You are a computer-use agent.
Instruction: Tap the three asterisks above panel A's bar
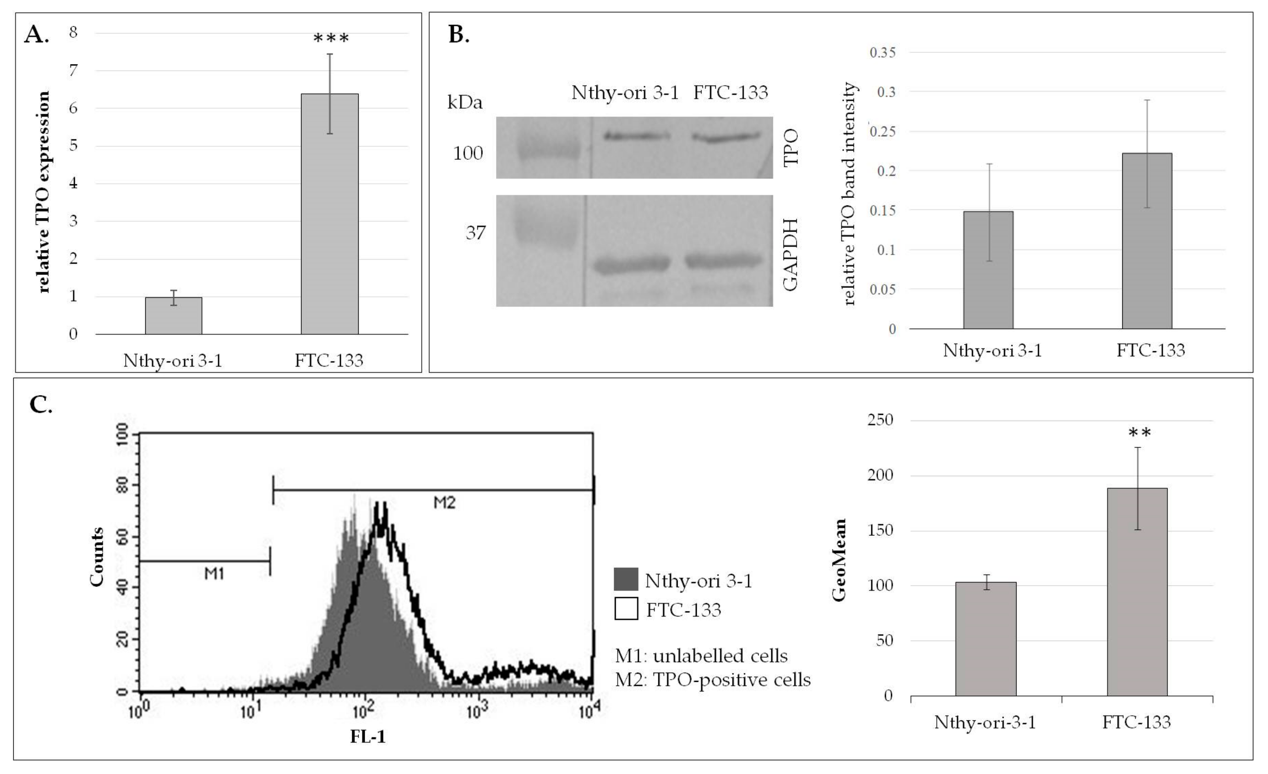click(x=331, y=39)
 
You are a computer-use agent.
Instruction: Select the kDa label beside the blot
click(x=465, y=103)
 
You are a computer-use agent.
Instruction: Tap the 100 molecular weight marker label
click(x=467, y=153)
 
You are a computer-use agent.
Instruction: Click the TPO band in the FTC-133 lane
click(x=726, y=137)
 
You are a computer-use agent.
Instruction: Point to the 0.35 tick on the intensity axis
click(x=882, y=53)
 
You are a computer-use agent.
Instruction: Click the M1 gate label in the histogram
click(x=214, y=573)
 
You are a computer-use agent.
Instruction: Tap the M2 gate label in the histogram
click(x=444, y=503)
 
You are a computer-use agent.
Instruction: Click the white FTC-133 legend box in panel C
click(x=626, y=609)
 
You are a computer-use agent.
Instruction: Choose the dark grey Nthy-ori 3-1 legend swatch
click(x=626, y=579)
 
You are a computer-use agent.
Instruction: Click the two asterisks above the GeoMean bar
click(x=1139, y=433)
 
